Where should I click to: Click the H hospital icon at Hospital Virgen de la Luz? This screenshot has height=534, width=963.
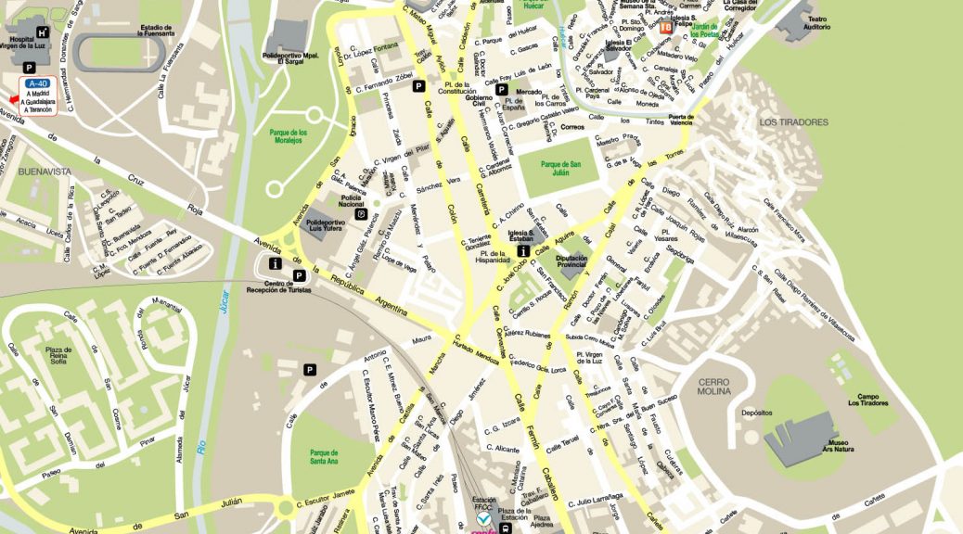(42, 33)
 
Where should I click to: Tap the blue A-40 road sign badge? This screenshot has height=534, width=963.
(38, 83)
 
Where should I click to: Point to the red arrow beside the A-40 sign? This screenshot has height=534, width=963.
(13, 99)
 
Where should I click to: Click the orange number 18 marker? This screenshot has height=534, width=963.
(666, 27)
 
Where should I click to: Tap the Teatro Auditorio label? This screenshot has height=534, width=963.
(817, 23)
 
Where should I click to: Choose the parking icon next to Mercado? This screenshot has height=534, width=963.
(502, 91)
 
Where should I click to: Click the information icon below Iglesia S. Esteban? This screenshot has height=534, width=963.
(523, 251)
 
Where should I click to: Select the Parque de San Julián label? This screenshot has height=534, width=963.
(562, 169)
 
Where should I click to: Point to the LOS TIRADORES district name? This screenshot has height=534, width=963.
(793, 122)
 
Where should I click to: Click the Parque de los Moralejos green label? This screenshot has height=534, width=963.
(289, 137)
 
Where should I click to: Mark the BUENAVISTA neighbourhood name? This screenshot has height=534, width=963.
(45, 172)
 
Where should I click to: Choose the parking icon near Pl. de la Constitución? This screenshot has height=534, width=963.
(419, 86)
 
